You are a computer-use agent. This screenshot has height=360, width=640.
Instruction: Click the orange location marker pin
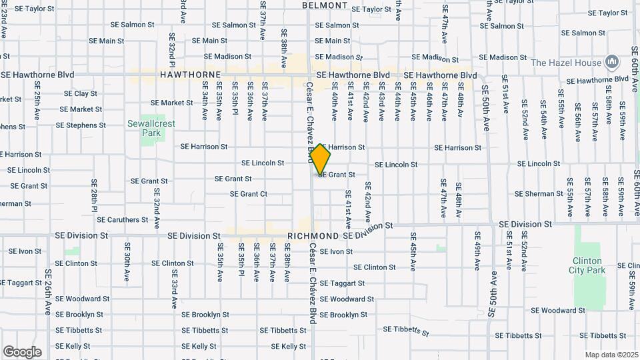[x=321, y=159]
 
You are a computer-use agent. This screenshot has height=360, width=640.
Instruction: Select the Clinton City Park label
[x=587, y=265]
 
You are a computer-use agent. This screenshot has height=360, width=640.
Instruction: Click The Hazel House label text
[x=566, y=63]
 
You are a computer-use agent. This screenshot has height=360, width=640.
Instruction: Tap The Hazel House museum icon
[x=611, y=63]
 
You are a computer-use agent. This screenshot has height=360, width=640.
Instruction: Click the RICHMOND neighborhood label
[x=313, y=237]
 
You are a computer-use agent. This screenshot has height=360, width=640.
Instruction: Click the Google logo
[x=22, y=352]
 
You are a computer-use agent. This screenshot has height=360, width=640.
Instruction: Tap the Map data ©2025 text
[x=611, y=355]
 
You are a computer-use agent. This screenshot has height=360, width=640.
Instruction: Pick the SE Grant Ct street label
[x=249, y=194]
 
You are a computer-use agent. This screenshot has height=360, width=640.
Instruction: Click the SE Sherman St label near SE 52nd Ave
[x=539, y=194]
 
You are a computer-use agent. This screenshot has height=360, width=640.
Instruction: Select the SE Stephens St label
[x=81, y=125]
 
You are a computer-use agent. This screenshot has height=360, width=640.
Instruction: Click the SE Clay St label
[x=77, y=94]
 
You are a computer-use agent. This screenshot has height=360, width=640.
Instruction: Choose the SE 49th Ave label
[x=478, y=250]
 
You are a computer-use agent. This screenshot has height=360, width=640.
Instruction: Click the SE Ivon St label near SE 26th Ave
[x=25, y=251]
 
